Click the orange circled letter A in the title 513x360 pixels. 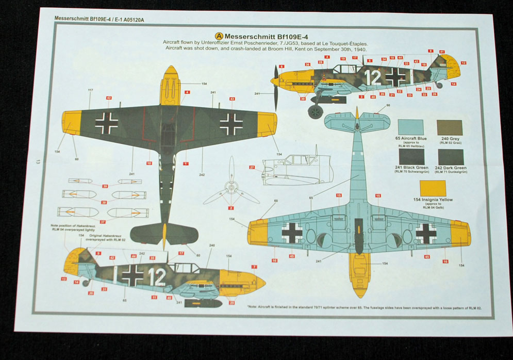pyautogui.click(x=219, y=36)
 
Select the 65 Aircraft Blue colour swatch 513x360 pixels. pyautogui.click(x=411, y=127)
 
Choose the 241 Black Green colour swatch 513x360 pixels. pyautogui.click(x=411, y=156)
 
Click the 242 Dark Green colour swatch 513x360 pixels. pyautogui.click(x=450, y=156)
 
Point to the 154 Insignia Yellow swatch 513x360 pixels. pyautogui.click(x=432, y=188)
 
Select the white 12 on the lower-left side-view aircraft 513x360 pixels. pyautogui.click(x=157, y=277)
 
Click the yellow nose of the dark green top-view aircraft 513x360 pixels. pyautogui.click(x=171, y=85)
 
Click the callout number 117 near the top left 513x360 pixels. pyautogui.click(x=90, y=91)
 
